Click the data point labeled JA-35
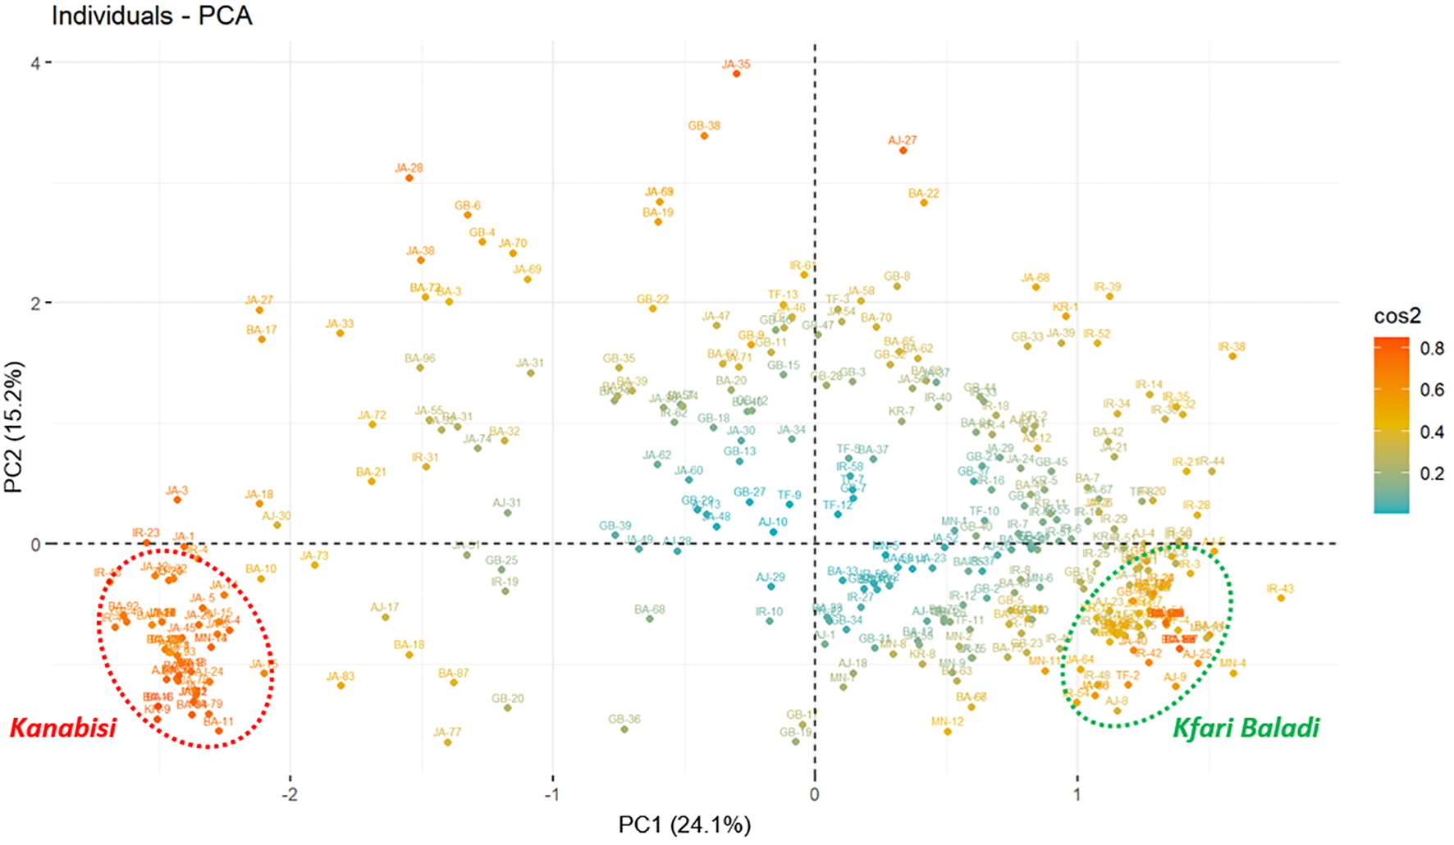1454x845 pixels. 736,74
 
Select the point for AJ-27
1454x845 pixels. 903,150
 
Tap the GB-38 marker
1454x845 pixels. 704,135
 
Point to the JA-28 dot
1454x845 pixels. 409,178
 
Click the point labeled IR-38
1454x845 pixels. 1232,356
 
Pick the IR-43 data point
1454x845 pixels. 1280,598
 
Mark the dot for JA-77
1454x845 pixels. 447,742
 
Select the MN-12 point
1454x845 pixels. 948,731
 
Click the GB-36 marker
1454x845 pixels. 624,729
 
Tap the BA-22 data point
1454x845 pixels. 924,203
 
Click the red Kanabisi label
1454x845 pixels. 63,727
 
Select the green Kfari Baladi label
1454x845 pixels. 1246,727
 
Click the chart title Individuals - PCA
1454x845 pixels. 152,15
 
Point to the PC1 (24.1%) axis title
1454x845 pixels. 684,824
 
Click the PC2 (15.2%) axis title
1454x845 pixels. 13,427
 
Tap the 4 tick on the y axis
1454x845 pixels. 35,62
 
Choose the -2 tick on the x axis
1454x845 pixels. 290,794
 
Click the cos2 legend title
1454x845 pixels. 1397,316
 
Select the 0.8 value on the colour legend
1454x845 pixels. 1432,349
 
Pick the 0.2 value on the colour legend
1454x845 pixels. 1432,473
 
